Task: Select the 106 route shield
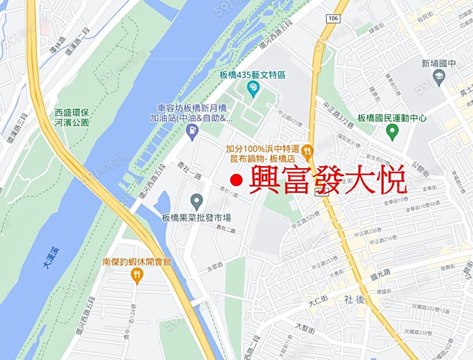(x=333, y=19)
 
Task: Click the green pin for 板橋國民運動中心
(x=392, y=131)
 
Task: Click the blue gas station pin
(x=193, y=131)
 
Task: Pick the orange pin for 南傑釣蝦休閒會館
(x=137, y=275)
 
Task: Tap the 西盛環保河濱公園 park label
(x=72, y=117)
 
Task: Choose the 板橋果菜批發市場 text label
(x=197, y=217)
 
